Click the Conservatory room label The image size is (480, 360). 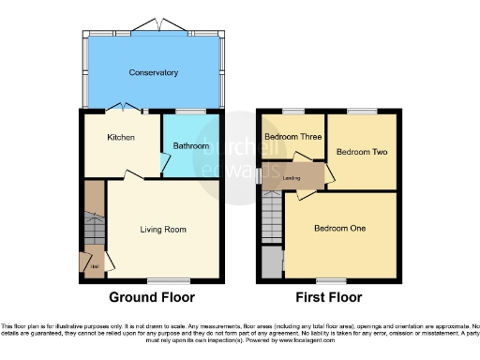pos(154,71)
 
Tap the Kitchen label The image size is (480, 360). pos(120,138)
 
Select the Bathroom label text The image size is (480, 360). pos(191,145)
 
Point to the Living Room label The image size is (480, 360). pos(163,229)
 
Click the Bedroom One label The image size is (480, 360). pos(339,228)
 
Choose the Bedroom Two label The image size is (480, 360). pos(361,152)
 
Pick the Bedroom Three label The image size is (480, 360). pos(291,137)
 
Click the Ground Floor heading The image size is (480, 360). pos(153,297)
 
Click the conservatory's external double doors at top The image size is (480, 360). pos(154,23)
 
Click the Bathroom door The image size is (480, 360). pos(165,165)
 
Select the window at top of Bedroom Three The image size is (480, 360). pos(293,112)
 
